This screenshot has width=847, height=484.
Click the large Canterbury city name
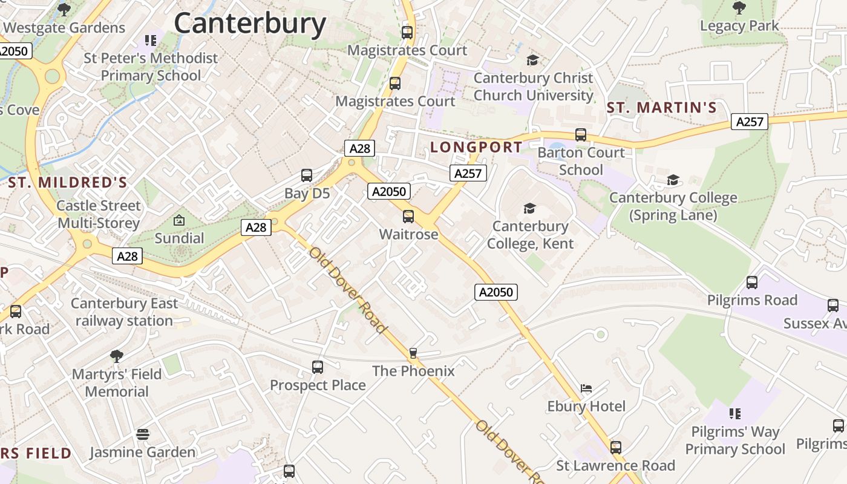[x=250, y=24]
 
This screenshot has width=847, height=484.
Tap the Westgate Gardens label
[x=64, y=28]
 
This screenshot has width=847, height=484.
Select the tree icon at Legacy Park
[x=739, y=8]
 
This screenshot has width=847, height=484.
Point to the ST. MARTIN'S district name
[x=661, y=108]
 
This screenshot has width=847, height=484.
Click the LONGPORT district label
[x=476, y=147]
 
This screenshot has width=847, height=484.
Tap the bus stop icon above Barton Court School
[x=581, y=135]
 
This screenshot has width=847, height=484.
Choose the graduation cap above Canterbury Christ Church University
[x=532, y=60]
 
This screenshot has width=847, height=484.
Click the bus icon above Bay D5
[x=307, y=176]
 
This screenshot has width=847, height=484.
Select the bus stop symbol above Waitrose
[x=408, y=217]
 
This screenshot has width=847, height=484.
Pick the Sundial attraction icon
[x=179, y=220]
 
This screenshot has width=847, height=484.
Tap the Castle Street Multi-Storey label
[x=99, y=214]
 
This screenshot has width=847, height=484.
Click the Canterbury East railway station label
[x=125, y=312]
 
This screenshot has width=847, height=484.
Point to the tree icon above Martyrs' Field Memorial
[x=117, y=356]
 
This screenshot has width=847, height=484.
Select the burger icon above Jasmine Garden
[x=143, y=434]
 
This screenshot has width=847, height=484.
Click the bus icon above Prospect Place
[x=318, y=367]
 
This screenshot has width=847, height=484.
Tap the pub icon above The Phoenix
[x=413, y=353]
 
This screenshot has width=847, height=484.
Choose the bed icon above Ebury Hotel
[x=586, y=388]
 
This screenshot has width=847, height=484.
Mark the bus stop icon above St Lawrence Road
[x=616, y=448]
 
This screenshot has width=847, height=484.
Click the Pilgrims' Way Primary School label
[x=735, y=440]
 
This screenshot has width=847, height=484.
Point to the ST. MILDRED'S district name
[x=68, y=183]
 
